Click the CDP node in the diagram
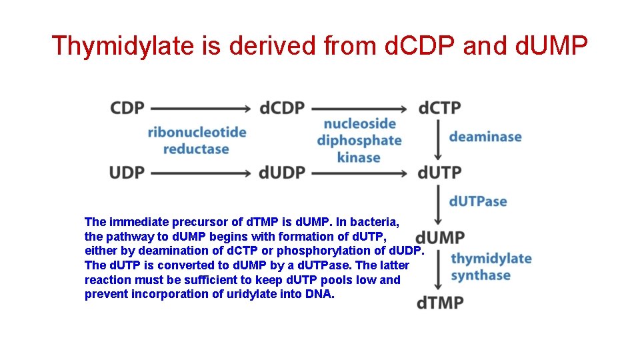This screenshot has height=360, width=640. (127, 108)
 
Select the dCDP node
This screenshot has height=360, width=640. (282, 108)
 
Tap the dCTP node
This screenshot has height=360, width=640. (439, 108)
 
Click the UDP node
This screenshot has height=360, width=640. (127, 172)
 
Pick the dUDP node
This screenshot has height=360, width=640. (282, 172)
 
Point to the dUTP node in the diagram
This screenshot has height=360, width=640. (439, 172)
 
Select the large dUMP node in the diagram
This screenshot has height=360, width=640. (440, 237)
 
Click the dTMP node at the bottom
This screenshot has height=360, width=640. (440, 303)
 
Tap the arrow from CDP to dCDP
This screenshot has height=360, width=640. (201, 108)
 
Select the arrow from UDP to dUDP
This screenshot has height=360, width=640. (201, 173)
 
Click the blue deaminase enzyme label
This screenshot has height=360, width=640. (485, 137)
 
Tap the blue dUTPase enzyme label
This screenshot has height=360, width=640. (478, 201)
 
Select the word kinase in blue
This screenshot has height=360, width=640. (359, 158)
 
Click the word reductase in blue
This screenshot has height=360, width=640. (196, 149)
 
